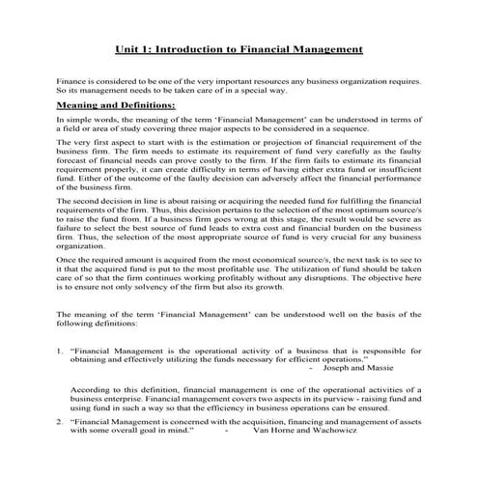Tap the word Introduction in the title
(x=204, y=47)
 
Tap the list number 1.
(x=60, y=351)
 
